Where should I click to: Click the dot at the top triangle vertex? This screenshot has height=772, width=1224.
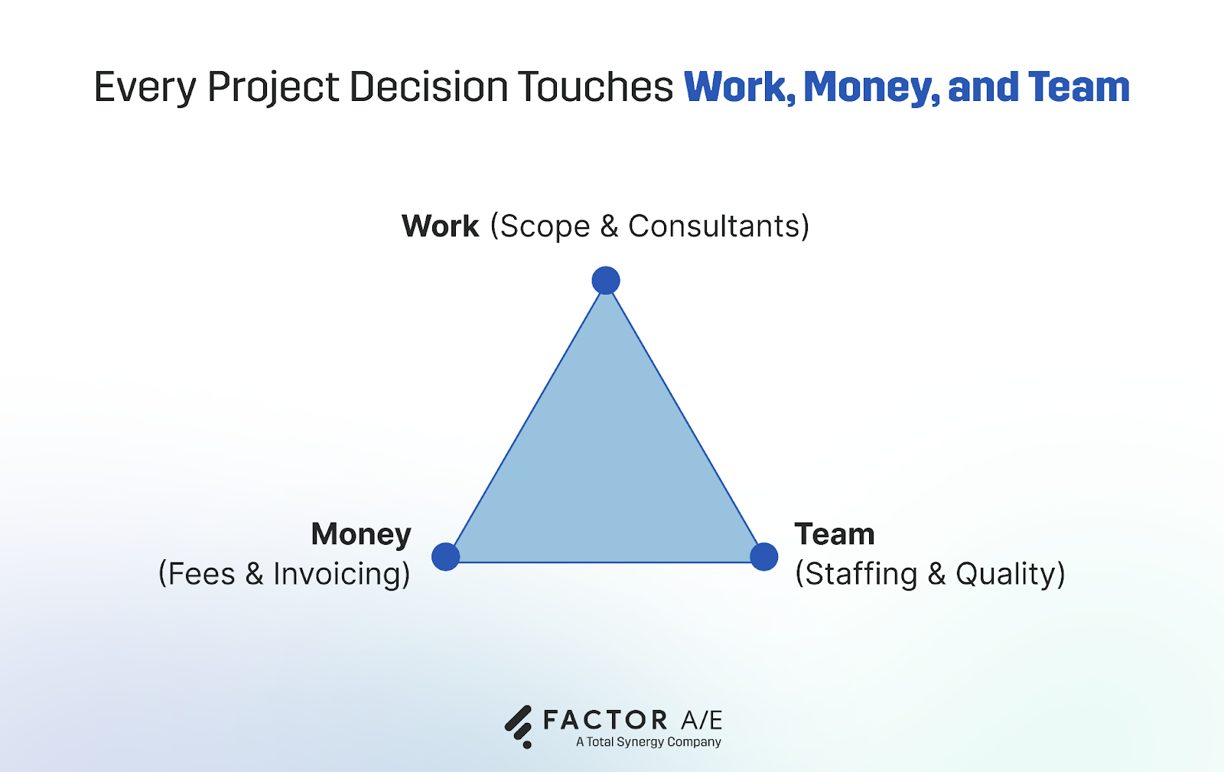click(x=606, y=281)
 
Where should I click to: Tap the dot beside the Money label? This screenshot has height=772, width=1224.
click(x=445, y=556)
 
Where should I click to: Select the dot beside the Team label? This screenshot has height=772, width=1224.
click(x=763, y=556)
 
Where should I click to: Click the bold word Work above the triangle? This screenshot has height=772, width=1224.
click(x=440, y=226)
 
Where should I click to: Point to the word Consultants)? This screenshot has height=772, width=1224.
click(x=718, y=226)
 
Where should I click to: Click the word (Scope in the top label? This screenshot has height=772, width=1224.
click(x=540, y=226)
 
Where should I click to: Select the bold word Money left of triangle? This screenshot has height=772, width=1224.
click(x=361, y=534)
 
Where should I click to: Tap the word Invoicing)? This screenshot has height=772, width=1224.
click(x=341, y=574)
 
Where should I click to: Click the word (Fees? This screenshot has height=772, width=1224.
click(x=197, y=574)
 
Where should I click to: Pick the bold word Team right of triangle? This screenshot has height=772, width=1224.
click(x=834, y=534)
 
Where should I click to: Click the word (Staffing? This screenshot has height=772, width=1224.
click(x=856, y=574)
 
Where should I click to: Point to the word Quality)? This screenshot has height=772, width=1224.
click(x=1010, y=574)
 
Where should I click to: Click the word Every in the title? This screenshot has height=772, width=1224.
click(x=145, y=87)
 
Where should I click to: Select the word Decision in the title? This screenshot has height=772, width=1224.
click(x=428, y=87)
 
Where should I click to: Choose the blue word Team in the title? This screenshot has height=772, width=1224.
click(x=1079, y=87)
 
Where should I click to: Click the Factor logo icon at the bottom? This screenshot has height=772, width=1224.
click(x=519, y=725)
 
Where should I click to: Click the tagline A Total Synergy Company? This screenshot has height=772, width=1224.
click(x=649, y=742)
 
